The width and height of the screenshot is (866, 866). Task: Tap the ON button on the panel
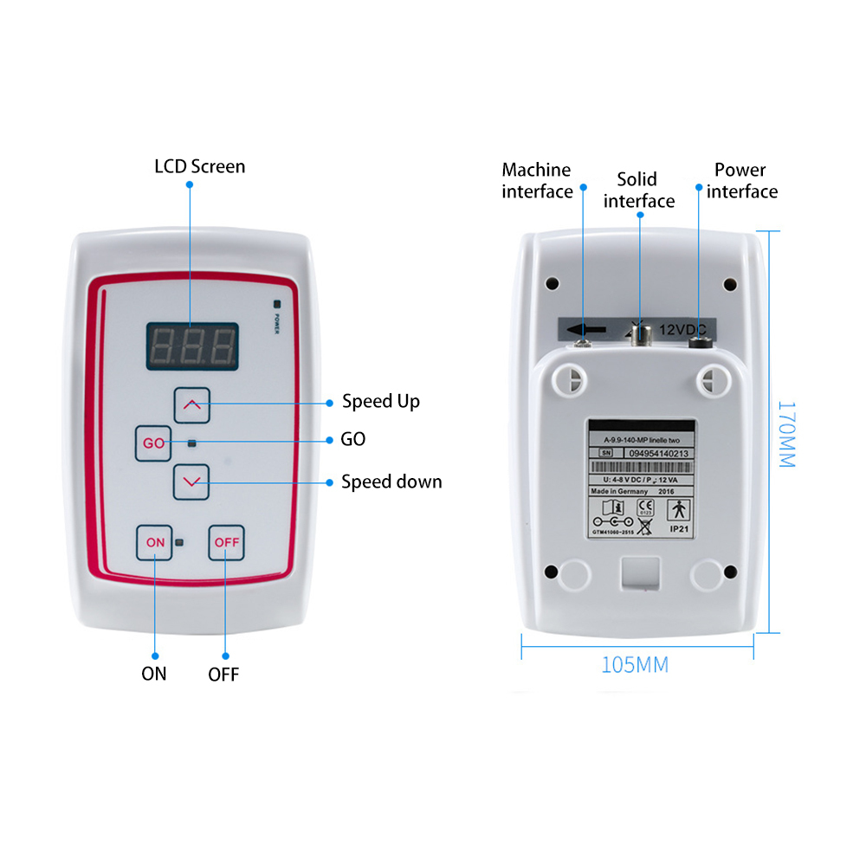coord(155,543)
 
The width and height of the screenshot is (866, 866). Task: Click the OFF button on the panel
coord(227,543)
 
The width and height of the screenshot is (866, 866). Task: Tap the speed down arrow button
coord(191,481)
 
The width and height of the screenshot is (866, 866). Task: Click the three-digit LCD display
coord(191,346)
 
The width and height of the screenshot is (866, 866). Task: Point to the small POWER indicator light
coord(277,304)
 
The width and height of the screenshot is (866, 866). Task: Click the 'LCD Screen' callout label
coord(199,166)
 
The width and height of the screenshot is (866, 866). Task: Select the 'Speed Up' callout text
coord(380,401)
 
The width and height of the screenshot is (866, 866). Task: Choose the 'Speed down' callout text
coord(391,481)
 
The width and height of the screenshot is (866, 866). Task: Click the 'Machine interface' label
coord(537,181)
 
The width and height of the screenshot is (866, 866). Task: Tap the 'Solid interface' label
coord(639,191)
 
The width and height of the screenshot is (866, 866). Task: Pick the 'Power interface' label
coord(741,181)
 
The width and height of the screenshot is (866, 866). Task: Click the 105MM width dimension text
coord(635,665)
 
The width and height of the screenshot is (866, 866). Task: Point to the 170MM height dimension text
coord(785,433)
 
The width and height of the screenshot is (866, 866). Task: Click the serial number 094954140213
coord(657,452)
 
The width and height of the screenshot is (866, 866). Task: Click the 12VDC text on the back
coord(684,330)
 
